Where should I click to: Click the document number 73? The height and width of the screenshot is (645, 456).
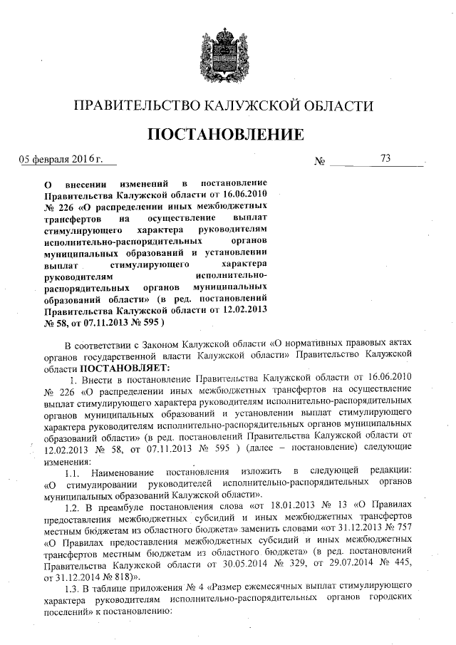point(386,158)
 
